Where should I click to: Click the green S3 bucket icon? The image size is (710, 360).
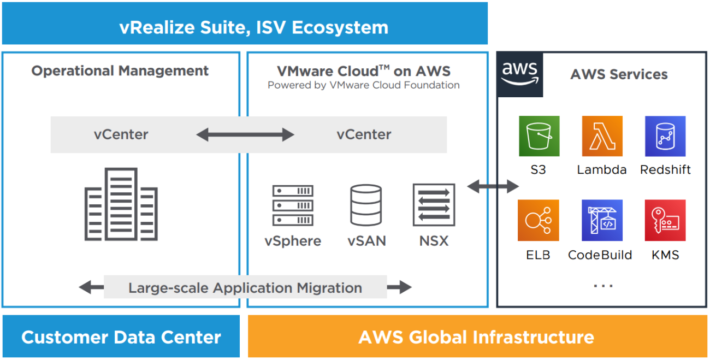[x=539, y=136]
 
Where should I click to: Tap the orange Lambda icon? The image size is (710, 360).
[x=602, y=136]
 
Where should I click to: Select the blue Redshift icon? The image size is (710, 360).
[x=665, y=136]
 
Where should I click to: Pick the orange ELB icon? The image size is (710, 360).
[x=539, y=220]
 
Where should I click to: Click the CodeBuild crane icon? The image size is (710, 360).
[x=602, y=220]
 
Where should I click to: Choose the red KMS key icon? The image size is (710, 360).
[x=665, y=220]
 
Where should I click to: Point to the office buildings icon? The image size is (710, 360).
[x=121, y=204]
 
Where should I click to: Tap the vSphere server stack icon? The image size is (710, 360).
[x=293, y=205]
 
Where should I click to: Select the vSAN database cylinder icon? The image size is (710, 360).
[x=366, y=205]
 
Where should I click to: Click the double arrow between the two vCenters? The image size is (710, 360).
[x=245, y=134]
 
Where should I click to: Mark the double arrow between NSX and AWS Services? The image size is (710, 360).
[x=493, y=187]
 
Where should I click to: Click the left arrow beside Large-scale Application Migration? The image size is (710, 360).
[x=91, y=287]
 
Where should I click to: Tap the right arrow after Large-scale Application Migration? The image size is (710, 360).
[x=399, y=287]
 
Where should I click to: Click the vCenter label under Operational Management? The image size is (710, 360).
[x=121, y=134]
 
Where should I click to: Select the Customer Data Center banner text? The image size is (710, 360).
[x=121, y=337]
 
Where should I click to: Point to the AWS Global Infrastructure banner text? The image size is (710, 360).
[x=476, y=337]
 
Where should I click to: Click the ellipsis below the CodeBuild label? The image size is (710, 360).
[x=603, y=286]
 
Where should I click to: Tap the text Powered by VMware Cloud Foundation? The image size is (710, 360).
[x=363, y=85]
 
